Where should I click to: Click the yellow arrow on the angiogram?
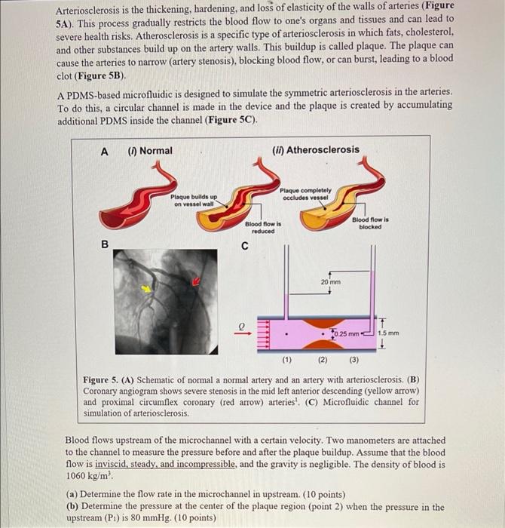(148, 288)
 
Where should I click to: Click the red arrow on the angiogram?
(197, 281)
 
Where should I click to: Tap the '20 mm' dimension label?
(331, 281)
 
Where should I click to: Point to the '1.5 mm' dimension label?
(388, 333)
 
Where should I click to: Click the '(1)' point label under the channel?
(286, 360)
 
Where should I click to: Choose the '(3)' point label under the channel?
(355, 360)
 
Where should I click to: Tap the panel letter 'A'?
(105, 151)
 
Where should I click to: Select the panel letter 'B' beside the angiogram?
(106, 244)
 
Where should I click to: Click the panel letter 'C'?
(244, 245)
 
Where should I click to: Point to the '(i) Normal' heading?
(150, 151)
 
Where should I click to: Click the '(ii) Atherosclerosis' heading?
(316, 150)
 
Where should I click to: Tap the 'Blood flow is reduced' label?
(263, 228)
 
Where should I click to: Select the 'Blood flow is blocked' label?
(371, 223)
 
